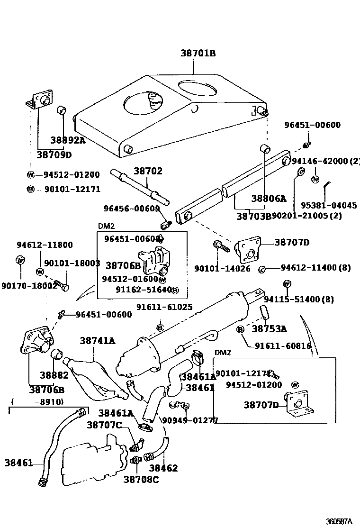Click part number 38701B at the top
[x=198, y=54]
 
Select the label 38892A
[x=68, y=140]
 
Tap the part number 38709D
[x=54, y=155]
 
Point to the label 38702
[x=147, y=171]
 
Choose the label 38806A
[x=269, y=199]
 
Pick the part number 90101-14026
[x=216, y=268]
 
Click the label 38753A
[x=269, y=328]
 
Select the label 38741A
[x=98, y=340]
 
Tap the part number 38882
[x=54, y=375]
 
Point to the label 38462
[x=163, y=468]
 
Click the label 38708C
[x=141, y=479]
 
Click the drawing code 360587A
[x=339, y=521]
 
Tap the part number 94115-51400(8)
[x=306, y=300]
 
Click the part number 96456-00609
[x=132, y=209]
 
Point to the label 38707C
[x=104, y=425]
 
